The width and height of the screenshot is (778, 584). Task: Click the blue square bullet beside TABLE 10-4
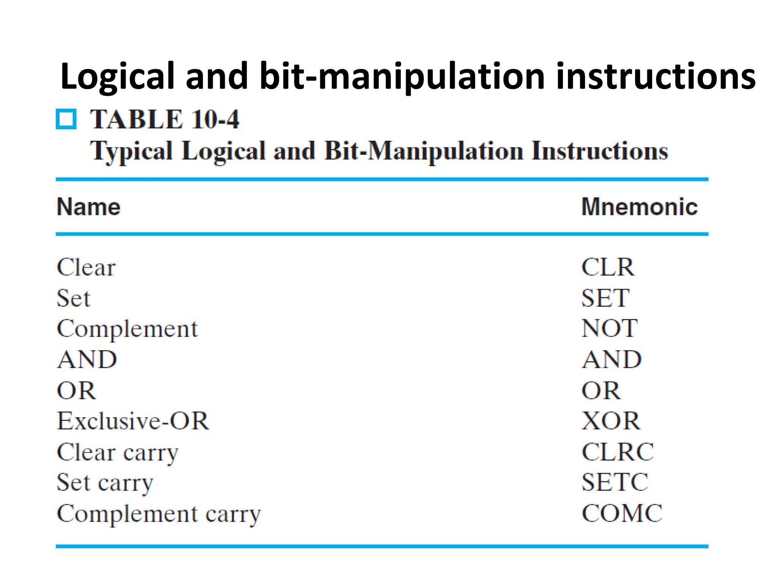tap(66, 119)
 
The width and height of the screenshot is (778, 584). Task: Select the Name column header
tap(89, 207)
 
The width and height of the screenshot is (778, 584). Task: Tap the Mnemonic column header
tap(639, 207)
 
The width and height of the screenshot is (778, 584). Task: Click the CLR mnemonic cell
tap(608, 267)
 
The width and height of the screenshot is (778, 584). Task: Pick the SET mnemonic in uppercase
tap(605, 298)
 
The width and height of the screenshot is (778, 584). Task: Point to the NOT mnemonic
tap(609, 328)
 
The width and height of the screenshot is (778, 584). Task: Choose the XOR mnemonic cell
tap(611, 421)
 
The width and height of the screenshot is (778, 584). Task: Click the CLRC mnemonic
tap(618, 452)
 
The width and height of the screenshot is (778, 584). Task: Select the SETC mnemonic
tap(615, 482)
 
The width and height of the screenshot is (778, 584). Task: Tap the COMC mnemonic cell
tap(622, 513)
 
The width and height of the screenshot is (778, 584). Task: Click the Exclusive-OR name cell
tap(133, 421)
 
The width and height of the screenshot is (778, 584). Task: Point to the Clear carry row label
tap(117, 453)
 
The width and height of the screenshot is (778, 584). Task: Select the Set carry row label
tap(105, 483)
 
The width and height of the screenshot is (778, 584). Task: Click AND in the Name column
tap(87, 360)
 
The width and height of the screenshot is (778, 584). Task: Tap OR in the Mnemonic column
tap(601, 391)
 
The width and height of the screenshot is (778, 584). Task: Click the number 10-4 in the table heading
tap(215, 119)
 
